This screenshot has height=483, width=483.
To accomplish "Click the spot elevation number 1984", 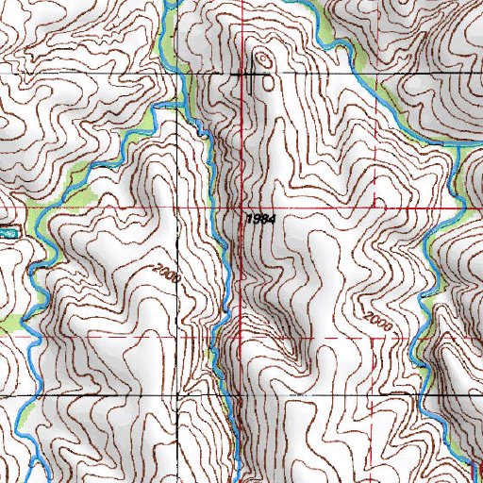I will (x=259, y=218).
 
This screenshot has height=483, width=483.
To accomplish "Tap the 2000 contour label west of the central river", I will (x=170, y=275).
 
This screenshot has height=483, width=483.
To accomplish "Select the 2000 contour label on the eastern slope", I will (x=375, y=319).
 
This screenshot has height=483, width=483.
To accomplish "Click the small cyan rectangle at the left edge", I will (x=8, y=229).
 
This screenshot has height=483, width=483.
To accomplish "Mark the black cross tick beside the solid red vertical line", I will (x=254, y=73).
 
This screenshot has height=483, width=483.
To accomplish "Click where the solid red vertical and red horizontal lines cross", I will (x=241, y=206).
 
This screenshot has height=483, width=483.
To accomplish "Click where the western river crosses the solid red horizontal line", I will (x=58, y=206).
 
